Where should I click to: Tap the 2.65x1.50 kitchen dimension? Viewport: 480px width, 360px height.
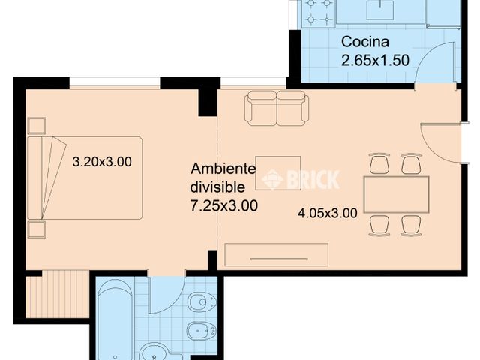pos(376,60)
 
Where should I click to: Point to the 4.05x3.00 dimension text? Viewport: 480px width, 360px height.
pos(327,212)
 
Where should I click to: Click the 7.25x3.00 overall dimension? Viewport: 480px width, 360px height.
pos(224,204)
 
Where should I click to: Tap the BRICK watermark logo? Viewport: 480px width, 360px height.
pos(300,179)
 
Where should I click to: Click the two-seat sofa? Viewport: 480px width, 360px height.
pos(276,108)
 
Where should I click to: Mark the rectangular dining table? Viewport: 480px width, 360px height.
pos(396,194)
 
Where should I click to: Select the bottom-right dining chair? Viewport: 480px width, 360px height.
pos(411,224)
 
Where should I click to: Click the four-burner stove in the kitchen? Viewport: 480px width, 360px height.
pos(318,13)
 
